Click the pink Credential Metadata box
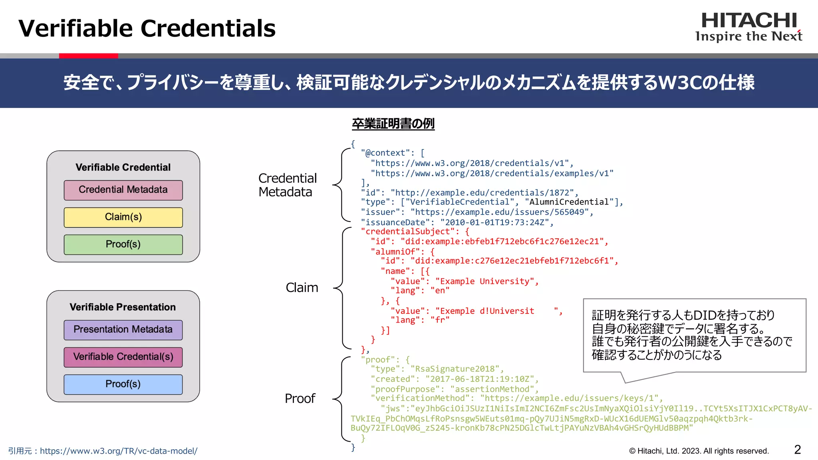pyautogui.click(x=123, y=190)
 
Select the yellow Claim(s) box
pyautogui.click(x=123, y=217)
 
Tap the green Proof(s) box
pyautogui.click(x=123, y=244)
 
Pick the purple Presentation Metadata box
pyautogui.click(x=123, y=330)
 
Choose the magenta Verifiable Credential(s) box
pyautogui.click(x=123, y=357)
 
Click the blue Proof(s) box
pyautogui.click(x=123, y=384)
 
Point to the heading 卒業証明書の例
pyautogui.click(x=393, y=124)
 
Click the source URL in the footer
pyautogui.click(x=119, y=451)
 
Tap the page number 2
pyautogui.click(x=797, y=450)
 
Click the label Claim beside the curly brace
pyautogui.click(x=302, y=287)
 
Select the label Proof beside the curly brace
pyautogui.click(x=300, y=399)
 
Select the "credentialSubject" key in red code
pyautogui.click(x=407, y=232)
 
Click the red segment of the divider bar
pyautogui.click(x=88, y=56)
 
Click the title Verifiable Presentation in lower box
pyautogui.click(x=123, y=307)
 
